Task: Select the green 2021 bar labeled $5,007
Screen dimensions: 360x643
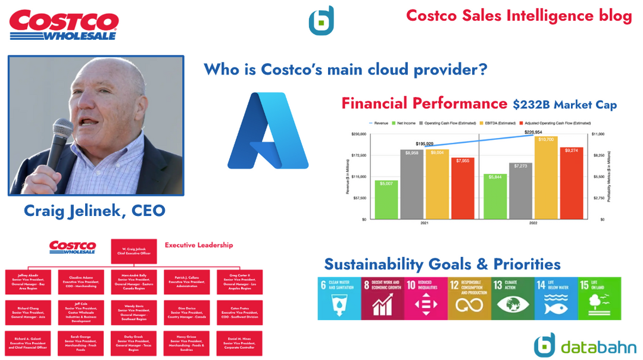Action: (x=386, y=199)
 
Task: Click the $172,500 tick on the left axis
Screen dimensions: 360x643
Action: (x=358, y=155)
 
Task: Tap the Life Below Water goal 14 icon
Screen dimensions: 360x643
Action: (x=555, y=298)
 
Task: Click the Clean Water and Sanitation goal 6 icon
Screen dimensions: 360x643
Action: (x=339, y=298)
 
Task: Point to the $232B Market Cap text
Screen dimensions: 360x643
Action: (x=564, y=105)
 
